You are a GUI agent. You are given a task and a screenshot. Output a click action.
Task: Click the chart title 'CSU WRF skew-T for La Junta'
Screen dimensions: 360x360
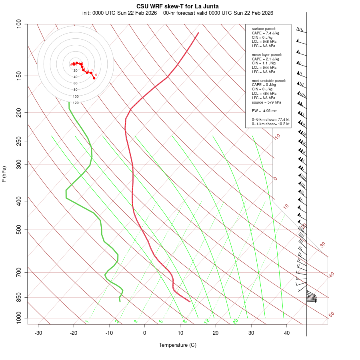tap(177, 6)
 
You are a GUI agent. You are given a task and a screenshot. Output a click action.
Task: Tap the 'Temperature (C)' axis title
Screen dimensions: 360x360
tap(177, 345)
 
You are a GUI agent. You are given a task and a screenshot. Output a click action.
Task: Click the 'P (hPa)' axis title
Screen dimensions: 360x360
tap(4, 174)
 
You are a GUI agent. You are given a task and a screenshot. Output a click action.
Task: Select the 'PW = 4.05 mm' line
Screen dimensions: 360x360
tap(264, 110)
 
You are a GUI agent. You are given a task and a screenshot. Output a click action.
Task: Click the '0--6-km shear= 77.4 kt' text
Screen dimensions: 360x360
tap(270, 120)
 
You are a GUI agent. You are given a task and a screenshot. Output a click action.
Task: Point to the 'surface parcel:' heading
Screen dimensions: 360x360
tap(264, 29)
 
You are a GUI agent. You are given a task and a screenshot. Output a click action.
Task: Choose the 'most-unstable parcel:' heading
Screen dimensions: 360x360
tap(269, 81)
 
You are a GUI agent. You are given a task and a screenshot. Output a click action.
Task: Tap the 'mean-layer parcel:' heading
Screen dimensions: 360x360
tap(267, 54)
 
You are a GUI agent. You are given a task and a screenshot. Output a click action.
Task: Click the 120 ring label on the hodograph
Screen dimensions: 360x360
tap(75, 103)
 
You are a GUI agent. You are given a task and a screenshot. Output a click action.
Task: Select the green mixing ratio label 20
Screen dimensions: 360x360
tap(235, 321)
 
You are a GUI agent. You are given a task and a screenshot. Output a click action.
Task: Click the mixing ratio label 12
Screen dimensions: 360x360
tap(207, 321)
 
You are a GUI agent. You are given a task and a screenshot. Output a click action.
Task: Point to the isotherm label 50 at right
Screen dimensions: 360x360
tap(331, 315)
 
